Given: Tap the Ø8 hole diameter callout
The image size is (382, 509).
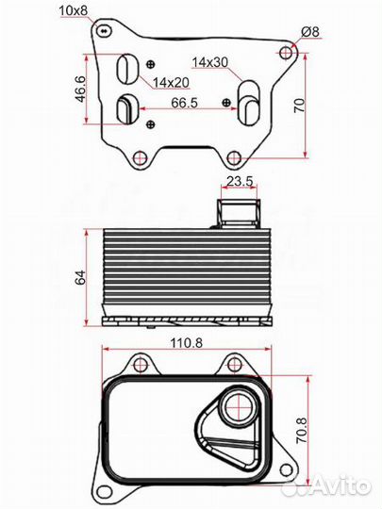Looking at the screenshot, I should tap(309, 33).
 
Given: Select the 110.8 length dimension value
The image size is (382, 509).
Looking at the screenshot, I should tap(188, 343).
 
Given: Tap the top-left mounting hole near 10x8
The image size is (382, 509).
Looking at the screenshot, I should tap(102, 32).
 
